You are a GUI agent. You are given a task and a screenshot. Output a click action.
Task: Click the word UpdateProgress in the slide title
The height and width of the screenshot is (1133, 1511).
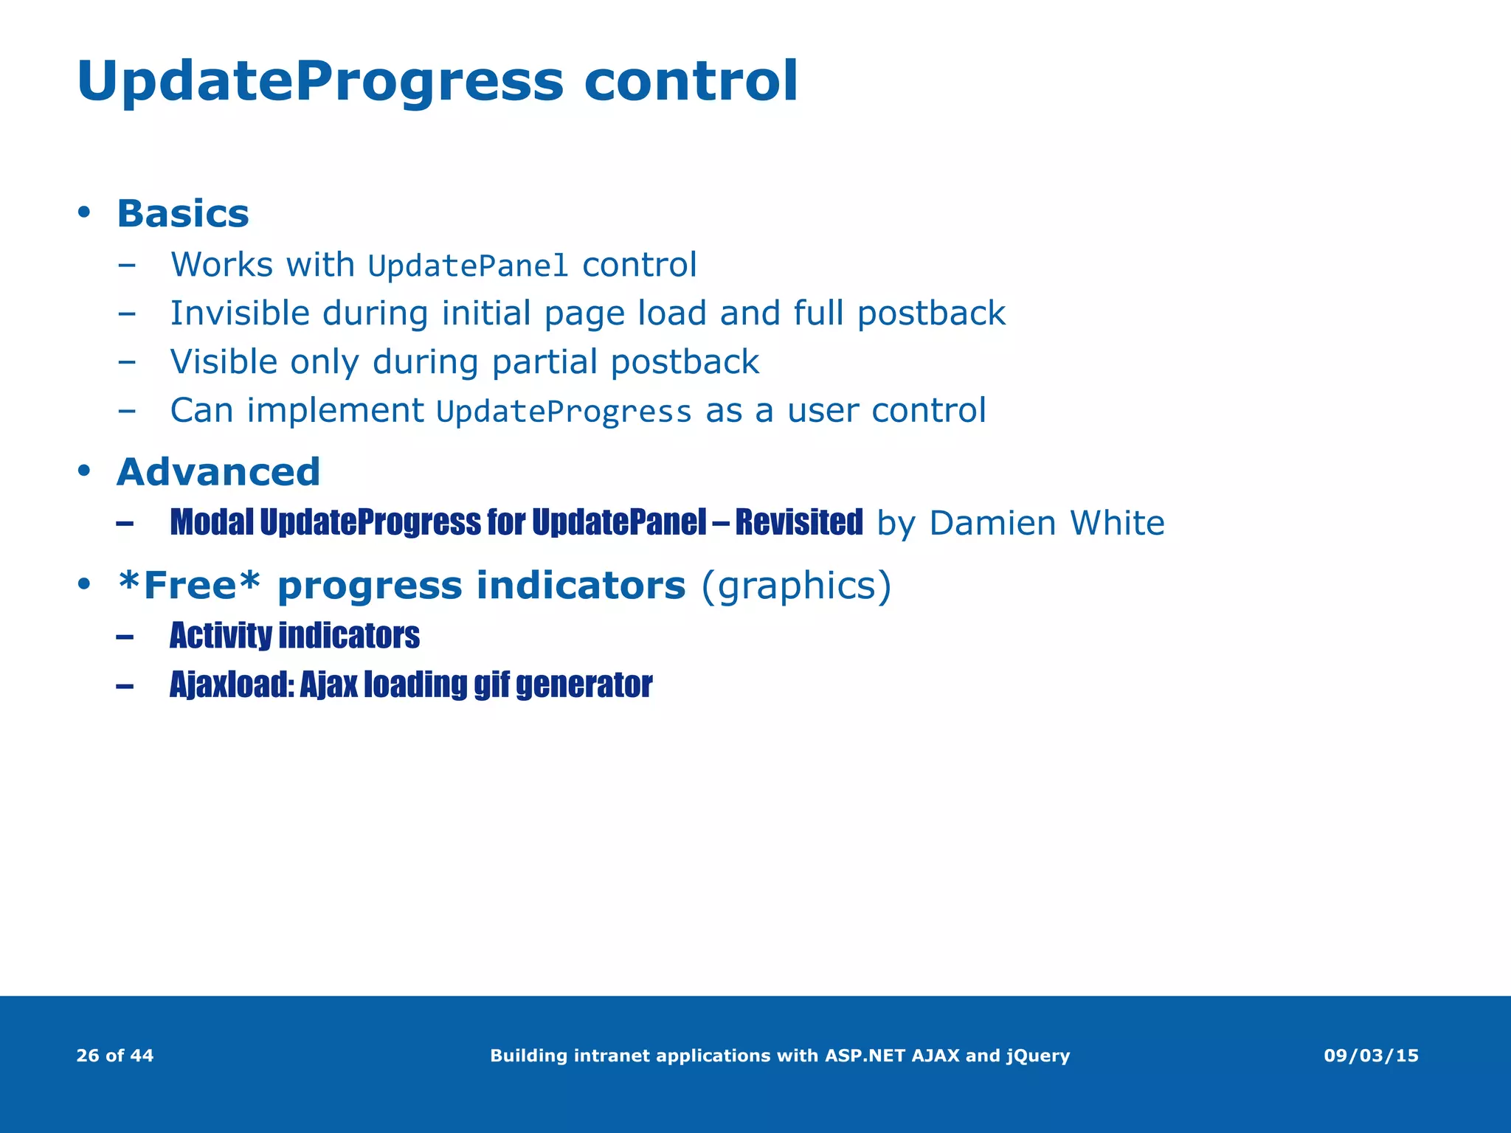[319, 81]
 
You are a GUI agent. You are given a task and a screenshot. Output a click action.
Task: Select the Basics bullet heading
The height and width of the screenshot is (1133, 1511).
[183, 214]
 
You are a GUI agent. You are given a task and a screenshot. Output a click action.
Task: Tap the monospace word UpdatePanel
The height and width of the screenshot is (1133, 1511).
[468, 266]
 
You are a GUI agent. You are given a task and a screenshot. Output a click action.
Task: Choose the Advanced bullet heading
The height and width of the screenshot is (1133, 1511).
[218, 472]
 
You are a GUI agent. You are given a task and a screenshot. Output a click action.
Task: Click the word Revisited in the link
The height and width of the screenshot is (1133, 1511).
[798, 522]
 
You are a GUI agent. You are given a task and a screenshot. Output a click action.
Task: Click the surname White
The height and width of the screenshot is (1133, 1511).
[1117, 523]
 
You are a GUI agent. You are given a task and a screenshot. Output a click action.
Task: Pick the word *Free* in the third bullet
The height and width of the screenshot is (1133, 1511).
[190, 586]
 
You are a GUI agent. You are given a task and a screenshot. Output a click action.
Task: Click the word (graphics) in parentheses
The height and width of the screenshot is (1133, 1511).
[795, 586]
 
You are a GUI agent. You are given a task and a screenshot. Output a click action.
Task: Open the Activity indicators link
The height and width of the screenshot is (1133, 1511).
[294, 636]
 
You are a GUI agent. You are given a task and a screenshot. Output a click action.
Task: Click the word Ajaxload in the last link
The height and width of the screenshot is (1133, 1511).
[231, 685]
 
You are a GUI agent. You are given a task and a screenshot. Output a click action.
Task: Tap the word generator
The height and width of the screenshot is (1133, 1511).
[584, 685]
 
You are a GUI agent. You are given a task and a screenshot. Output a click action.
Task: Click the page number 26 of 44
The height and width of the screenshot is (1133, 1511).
[115, 1056]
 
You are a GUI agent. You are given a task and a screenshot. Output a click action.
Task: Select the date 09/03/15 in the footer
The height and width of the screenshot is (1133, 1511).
[1371, 1056]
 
